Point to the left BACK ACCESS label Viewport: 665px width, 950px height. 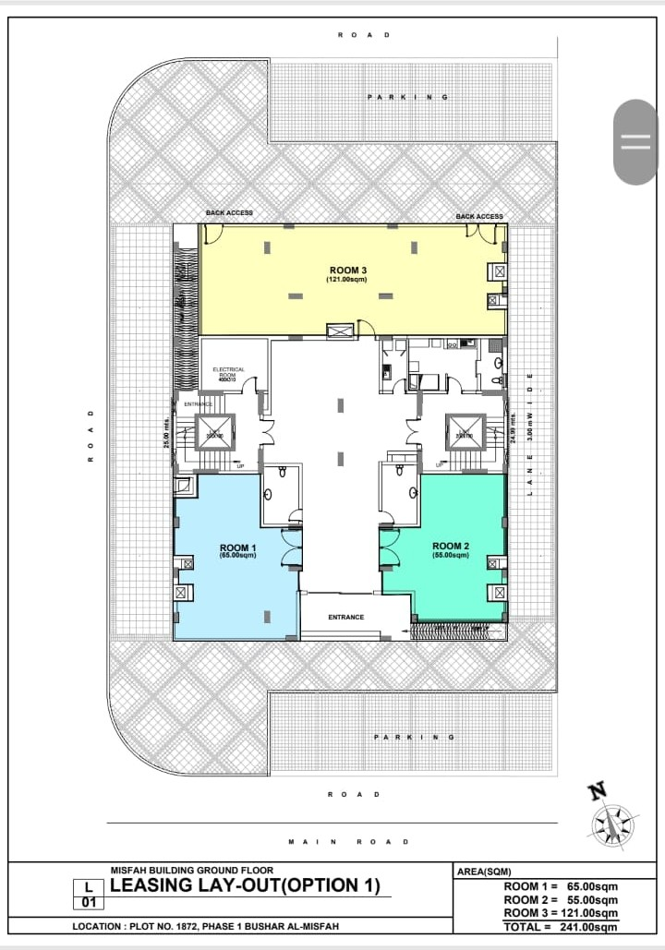(x=229, y=213)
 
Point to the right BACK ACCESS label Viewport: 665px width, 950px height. (x=479, y=216)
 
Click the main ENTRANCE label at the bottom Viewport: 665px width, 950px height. (x=346, y=617)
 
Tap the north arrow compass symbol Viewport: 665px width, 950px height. (x=612, y=818)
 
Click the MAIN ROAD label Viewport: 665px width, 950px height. (x=348, y=841)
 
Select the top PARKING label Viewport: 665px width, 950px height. (x=407, y=96)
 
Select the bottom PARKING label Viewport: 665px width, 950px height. (x=414, y=737)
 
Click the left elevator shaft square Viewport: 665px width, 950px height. (x=214, y=432)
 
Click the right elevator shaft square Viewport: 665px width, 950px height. (x=465, y=431)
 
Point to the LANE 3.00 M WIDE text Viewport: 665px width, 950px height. (x=530, y=434)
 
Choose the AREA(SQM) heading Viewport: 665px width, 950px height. (x=484, y=871)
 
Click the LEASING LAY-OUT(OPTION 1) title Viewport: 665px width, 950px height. (x=245, y=885)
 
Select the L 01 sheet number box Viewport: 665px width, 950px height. (x=88, y=893)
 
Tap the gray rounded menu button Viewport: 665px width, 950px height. (x=635, y=141)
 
